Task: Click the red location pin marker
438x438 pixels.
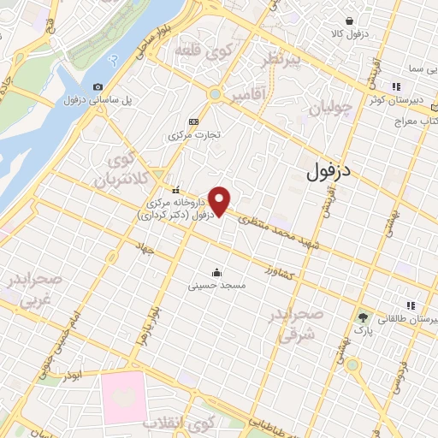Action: [x=221, y=201]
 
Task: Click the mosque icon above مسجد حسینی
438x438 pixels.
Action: [x=227, y=272]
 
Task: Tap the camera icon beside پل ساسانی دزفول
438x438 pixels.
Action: [x=97, y=87]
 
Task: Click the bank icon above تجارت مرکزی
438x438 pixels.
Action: [x=193, y=121]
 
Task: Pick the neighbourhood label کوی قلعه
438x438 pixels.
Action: [x=204, y=51]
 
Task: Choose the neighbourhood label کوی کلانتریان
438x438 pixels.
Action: [x=116, y=169]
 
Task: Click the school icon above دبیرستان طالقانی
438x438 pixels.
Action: [x=411, y=305]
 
